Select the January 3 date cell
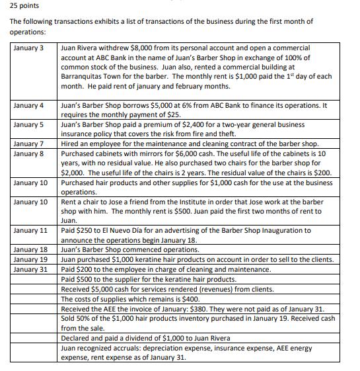pyautogui.click(x=28, y=48)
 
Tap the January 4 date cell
pyautogui.click(x=28, y=105)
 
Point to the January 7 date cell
pyautogui.click(x=28, y=144)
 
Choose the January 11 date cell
pyautogui.click(x=30, y=230)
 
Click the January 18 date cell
pyautogui.click(x=30, y=249)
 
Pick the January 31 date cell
pyautogui.click(x=30, y=269)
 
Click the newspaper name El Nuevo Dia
pyautogui.click(x=129, y=230)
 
